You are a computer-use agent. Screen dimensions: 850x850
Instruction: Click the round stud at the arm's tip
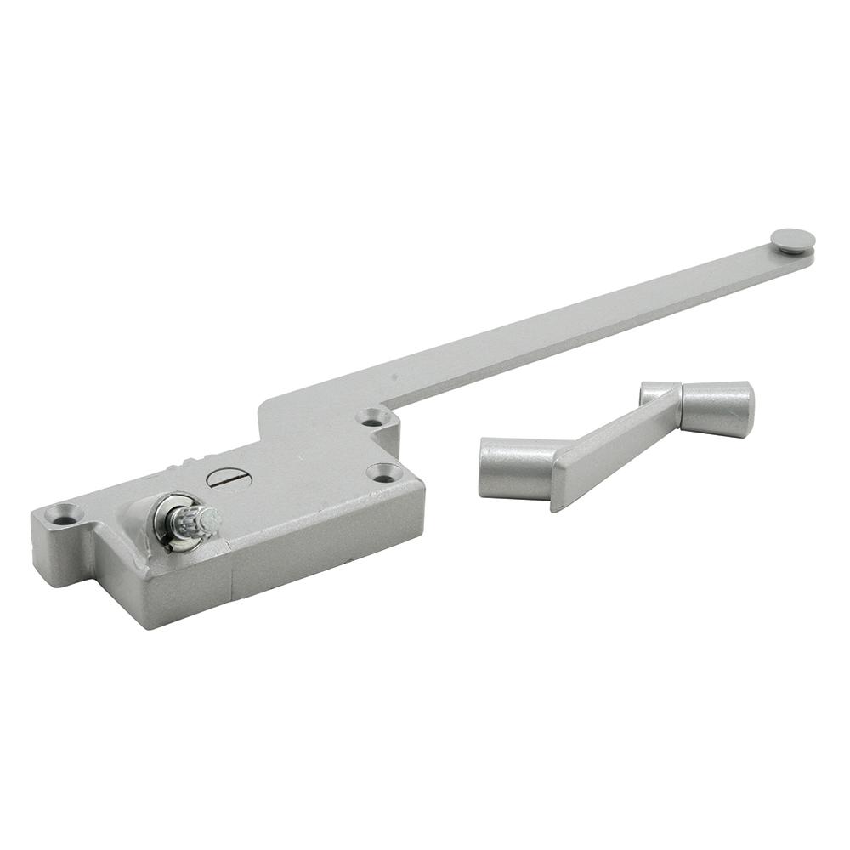792,241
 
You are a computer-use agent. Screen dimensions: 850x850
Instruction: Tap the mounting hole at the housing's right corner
383,472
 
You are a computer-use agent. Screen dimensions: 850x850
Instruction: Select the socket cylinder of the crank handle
517,467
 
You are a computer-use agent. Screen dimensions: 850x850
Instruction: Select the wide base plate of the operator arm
314,416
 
